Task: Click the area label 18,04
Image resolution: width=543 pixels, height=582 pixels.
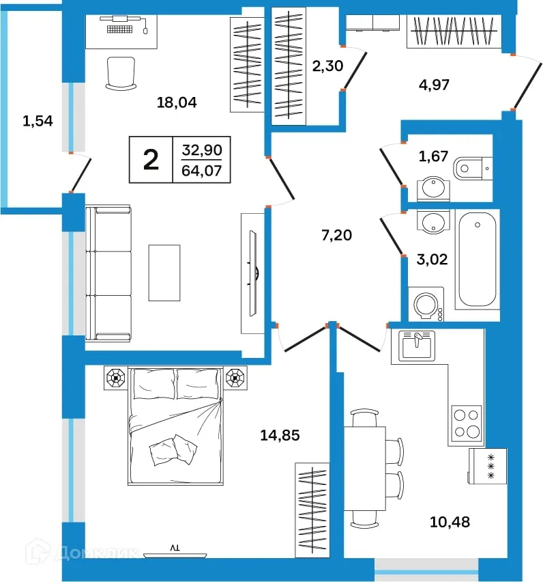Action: pyautogui.click(x=177, y=103)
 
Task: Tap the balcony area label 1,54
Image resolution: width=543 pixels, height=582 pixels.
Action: pyautogui.click(x=38, y=122)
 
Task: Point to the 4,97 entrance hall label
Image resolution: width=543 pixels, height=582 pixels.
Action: pyautogui.click(x=434, y=85)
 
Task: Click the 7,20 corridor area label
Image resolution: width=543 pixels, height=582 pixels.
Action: pyautogui.click(x=336, y=236)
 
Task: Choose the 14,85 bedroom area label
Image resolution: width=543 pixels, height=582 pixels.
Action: pyautogui.click(x=280, y=434)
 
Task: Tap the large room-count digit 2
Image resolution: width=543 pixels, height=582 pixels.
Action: pyautogui.click(x=151, y=159)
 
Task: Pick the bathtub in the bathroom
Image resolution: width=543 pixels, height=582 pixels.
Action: pyautogui.click(x=478, y=260)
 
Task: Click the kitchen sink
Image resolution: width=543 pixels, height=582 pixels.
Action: pyautogui.click(x=416, y=345)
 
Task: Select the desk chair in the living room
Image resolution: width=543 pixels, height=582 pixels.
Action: pyautogui.click(x=121, y=72)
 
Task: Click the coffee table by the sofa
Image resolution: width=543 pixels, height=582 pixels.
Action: pyautogui.click(x=164, y=272)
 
